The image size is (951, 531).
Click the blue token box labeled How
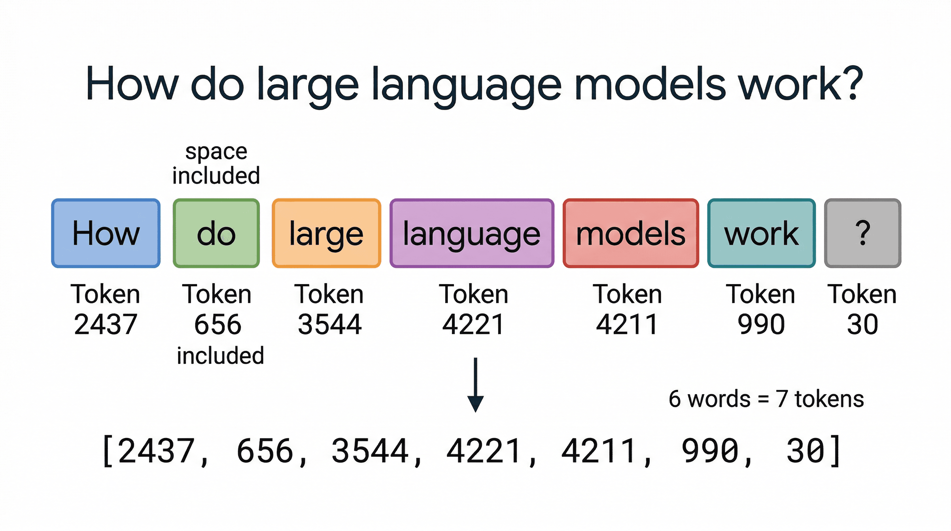coord(106,233)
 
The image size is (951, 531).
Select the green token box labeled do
coord(216,233)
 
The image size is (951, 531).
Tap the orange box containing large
coord(326,233)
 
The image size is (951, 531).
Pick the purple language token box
coord(472,233)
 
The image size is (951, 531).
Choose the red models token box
coord(631,233)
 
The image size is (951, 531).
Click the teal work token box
coord(761,233)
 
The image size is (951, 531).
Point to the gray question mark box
coord(863,233)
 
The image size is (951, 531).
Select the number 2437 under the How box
coord(106,324)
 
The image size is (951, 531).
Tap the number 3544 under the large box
coord(330,324)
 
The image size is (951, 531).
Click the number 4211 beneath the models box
coord(627,324)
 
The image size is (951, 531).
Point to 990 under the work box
coord(761,324)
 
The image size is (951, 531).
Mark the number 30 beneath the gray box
coord(863,324)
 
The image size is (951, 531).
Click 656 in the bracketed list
coord(265,451)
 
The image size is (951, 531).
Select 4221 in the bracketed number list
coord(484,451)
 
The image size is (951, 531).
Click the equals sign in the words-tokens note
coord(763,399)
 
